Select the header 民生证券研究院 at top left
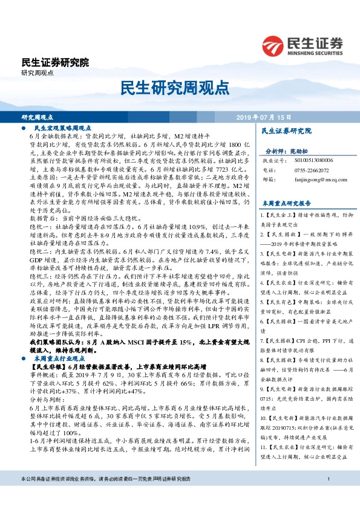pyautogui.click(x=54, y=62)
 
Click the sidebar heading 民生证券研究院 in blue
pyautogui.click(x=286, y=131)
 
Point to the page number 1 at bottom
pyautogui.click(x=327, y=497)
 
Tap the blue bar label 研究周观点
pyautogui.click(x=38, y=117)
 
